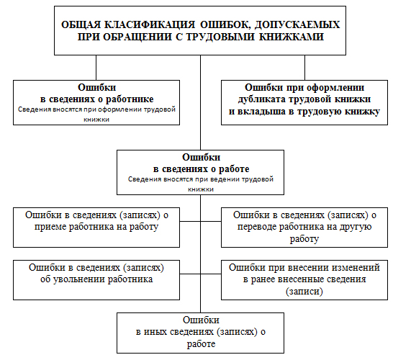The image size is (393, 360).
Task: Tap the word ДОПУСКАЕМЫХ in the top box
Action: click(x=297, y=24)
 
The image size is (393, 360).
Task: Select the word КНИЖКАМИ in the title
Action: click(x=292, y=37)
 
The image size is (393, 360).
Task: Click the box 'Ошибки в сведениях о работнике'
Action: click(x=96, y=102)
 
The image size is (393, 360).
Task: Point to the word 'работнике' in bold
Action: click(x=130, y=99)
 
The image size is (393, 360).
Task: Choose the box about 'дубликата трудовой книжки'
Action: click(x=304, y=102)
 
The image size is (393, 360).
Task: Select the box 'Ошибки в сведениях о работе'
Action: click(x=201, y=173)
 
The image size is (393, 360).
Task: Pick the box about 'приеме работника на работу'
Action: click(x=96, y=228)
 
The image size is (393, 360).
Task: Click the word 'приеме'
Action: click(x=50, y=227)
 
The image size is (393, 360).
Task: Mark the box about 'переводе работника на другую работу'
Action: click(x=304, y=228)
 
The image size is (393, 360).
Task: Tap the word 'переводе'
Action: click(x=257, y=227)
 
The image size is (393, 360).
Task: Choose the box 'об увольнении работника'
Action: click(x=96, y=280)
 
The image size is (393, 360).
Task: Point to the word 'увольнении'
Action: click(x=79, y=279)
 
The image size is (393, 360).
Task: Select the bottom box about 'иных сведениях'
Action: click(x=201, y=333)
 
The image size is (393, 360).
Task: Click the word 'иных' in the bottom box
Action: click(x=155, y=332)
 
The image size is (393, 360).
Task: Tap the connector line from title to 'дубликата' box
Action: click(x=304, y=68)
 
